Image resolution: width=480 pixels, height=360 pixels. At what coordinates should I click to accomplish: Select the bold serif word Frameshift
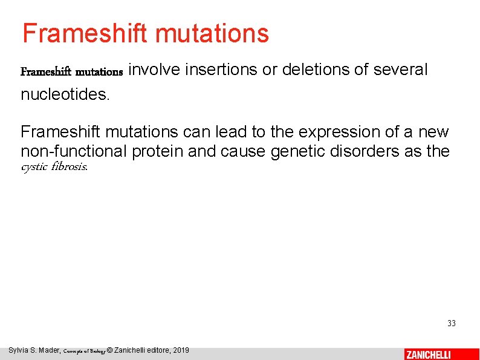tap(46, 72)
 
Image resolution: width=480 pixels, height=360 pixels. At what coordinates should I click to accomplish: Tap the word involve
tap(155, 70)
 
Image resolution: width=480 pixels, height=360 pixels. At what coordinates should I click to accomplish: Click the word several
tap(400, 70)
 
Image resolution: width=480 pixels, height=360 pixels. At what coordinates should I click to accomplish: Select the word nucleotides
tap(65, 94)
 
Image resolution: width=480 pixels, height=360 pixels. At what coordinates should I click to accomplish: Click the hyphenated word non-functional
tap(74, 151)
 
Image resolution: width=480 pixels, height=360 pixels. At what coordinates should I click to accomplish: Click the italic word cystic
tap(34, 167)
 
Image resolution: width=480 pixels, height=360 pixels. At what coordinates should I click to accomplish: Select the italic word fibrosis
tap(71, 167)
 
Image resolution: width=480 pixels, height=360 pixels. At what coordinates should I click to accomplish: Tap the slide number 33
tap(451, 324)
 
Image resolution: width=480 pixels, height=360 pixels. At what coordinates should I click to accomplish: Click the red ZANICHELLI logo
tap(428, 354)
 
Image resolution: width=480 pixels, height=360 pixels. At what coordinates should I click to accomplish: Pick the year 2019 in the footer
tap(181, 350)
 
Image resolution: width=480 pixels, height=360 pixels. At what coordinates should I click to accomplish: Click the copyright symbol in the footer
tap(109, 350)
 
